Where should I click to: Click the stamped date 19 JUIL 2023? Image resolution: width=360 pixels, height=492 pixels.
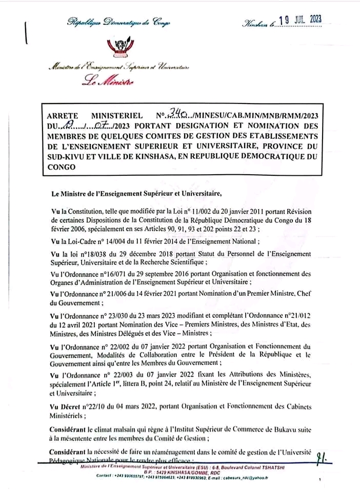[x=303, y=20]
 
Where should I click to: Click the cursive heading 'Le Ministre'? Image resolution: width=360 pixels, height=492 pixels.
[x=108, y=80]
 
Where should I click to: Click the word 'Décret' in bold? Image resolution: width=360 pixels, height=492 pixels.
[x=75, y=406]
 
